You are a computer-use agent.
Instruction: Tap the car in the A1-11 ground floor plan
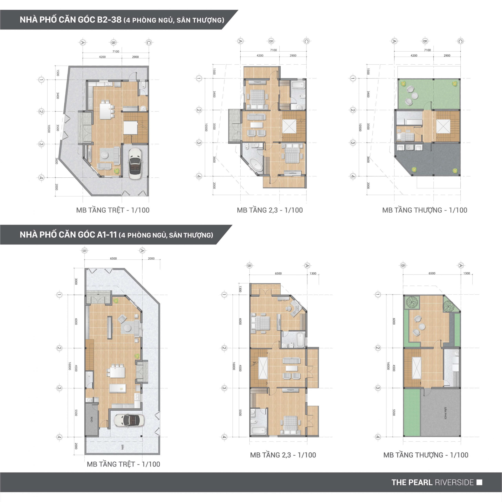(129, 420)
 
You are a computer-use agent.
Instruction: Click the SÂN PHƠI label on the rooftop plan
(445, 413)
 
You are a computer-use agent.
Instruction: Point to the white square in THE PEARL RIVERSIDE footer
(480, 482)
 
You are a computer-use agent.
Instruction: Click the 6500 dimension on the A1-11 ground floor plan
(113, 258)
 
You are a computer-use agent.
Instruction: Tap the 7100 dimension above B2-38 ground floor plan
(116, 51)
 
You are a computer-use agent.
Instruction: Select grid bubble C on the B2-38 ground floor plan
(149, 42)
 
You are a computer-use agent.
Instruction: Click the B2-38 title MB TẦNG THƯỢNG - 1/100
(425, 210)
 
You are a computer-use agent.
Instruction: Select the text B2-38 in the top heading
(109, 20)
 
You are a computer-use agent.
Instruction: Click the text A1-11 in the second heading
(107, 235)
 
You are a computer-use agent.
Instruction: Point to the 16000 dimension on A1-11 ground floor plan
(69, 366)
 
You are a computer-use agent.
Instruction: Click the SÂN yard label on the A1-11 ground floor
(122, 447)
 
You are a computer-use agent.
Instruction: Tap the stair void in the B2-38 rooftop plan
(443, 126)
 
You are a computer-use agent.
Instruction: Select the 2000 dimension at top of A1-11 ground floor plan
(151, 258)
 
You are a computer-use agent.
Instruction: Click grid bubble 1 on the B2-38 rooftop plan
(353, 78)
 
